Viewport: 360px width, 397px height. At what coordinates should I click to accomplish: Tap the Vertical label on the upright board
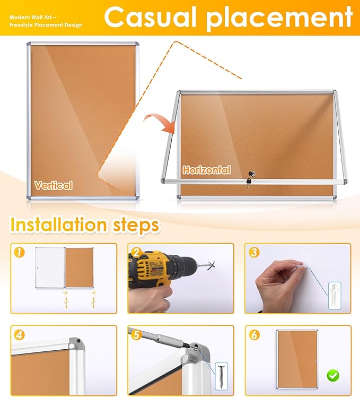coord(53,185)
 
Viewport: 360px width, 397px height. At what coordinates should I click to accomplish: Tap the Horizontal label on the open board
coord(207,170)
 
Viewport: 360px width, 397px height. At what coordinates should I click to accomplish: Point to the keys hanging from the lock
coord(248,182)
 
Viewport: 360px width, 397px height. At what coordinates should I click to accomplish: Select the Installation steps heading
coord(85,225)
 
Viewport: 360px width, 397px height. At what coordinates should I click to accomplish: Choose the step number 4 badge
coord(20,335)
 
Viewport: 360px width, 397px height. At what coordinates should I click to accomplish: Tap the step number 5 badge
coord(136,335)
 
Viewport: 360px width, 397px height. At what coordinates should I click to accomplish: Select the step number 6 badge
coord(253,335)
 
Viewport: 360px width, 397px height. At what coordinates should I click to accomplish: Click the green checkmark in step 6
coord(333,376)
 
